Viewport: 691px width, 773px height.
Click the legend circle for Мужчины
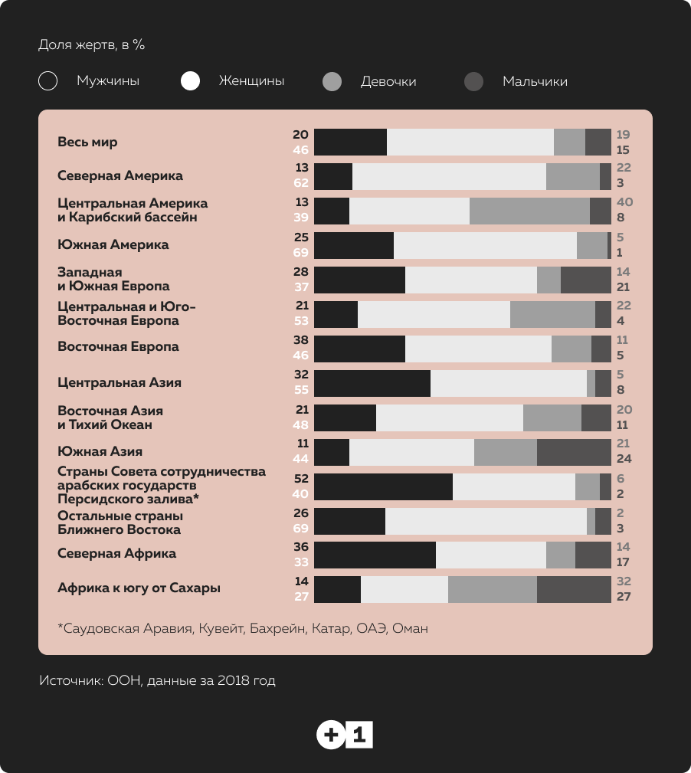pos(48,81)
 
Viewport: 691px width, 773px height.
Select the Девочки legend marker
pos(332,81)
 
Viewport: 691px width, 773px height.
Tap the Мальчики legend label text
pos(535,81)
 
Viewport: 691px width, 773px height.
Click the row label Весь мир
pos(87,142)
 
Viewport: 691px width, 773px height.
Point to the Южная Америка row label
pos(113,245)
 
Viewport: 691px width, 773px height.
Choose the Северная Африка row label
pos(116,553)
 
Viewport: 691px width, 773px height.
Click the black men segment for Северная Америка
pos(333,176)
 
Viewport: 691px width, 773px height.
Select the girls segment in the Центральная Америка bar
pos(529,211)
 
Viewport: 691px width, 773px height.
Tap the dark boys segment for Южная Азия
pos(574,452)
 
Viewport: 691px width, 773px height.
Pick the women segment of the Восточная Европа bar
pos(478,349)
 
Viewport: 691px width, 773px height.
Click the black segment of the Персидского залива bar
pos(383,487)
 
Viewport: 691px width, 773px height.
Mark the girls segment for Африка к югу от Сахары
pos(492,588)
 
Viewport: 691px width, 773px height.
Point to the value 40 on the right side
pos(624,202)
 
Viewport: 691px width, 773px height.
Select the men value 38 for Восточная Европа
pos(300,339)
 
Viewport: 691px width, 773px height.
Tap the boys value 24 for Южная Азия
pos(624,459)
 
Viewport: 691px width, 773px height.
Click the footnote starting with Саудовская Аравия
pos(243,628)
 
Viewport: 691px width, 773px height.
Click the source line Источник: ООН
pos(157,680)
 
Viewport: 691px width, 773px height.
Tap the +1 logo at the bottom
pos(345,735)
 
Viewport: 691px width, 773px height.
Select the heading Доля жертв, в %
pos(91,44)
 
